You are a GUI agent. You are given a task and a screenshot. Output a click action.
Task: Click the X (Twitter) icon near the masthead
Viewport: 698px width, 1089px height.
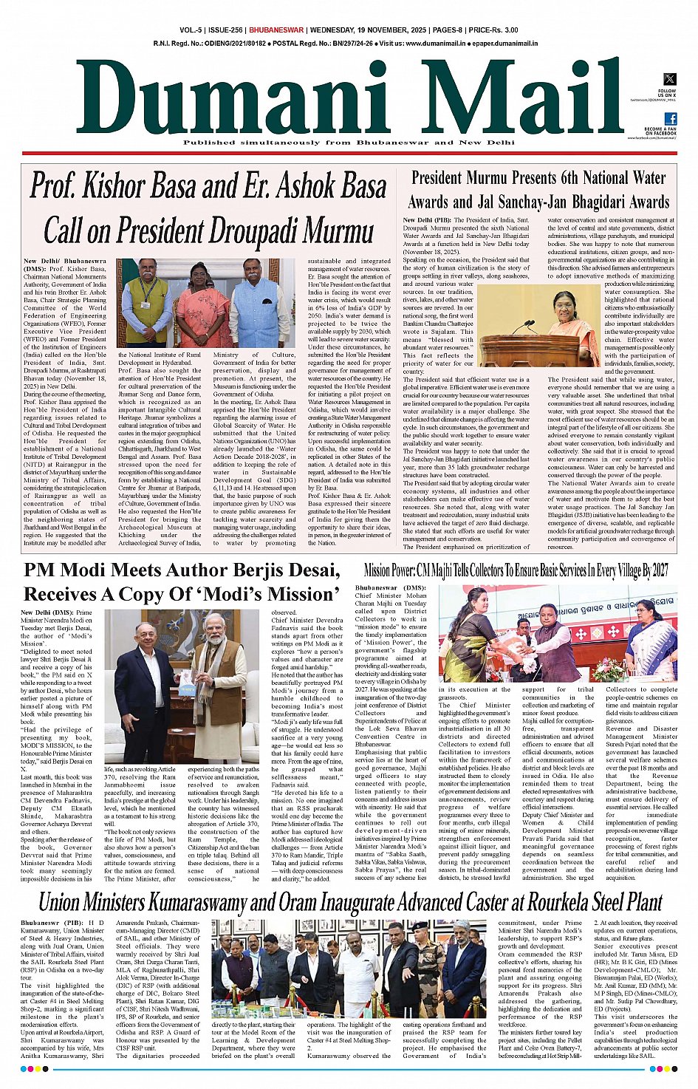669,79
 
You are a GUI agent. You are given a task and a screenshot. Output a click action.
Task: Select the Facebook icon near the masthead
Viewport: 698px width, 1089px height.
670,118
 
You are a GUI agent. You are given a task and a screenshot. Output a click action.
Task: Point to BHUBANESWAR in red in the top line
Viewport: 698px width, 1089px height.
276,30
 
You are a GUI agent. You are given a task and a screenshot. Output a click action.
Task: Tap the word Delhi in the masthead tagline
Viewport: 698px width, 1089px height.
500,143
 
